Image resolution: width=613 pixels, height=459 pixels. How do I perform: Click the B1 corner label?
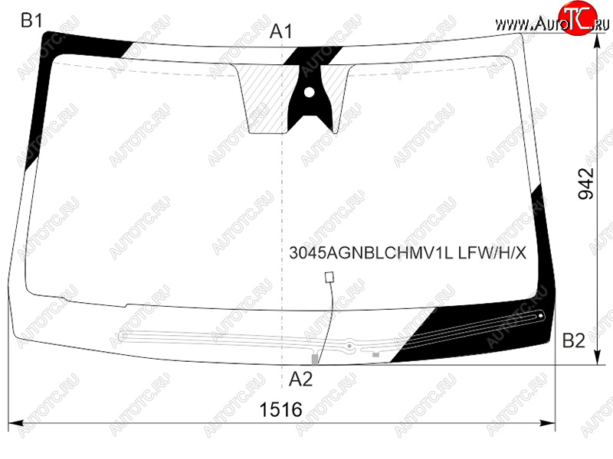point(31,21)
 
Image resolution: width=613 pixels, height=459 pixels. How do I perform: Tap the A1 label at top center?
point(280,31)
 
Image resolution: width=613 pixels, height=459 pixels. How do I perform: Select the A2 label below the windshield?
point(300,379)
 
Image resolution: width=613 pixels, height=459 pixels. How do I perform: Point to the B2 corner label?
point(573,340)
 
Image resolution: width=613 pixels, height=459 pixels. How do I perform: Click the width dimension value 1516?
point(280,409)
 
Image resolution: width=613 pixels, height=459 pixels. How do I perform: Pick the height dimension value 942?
point(585,184)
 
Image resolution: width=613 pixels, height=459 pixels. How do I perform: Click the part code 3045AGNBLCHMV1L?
point(371,253)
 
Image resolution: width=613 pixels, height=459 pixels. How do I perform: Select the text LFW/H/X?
point(492,253)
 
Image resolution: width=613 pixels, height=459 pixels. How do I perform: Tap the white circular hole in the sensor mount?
point(309,93)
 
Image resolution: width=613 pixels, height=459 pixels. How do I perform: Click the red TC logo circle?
point(577,18)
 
